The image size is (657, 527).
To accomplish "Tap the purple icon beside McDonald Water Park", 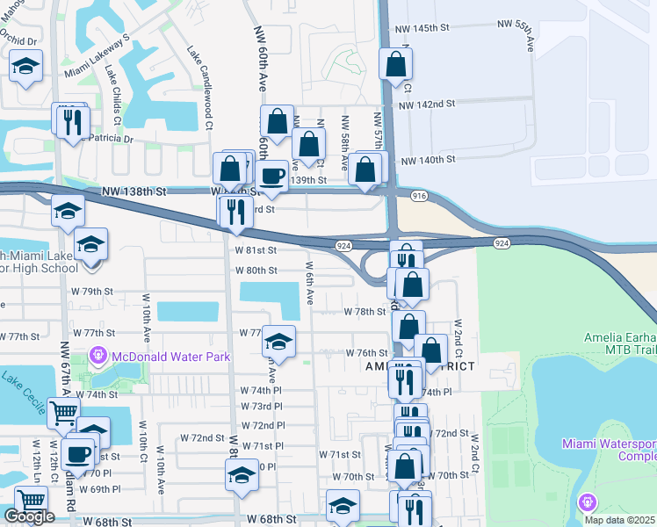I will coord(98,357).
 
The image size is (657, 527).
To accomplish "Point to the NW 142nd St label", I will coord(426,104).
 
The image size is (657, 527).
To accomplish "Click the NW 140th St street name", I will coord(428,160).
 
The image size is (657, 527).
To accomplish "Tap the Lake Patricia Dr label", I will coord(102,138).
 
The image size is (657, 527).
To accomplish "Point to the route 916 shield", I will coord(418,197).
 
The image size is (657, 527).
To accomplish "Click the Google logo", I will coord(29,516).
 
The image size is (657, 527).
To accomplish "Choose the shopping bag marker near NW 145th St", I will coord(396,64).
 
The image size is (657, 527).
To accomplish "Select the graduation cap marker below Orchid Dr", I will coord(26,66).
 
